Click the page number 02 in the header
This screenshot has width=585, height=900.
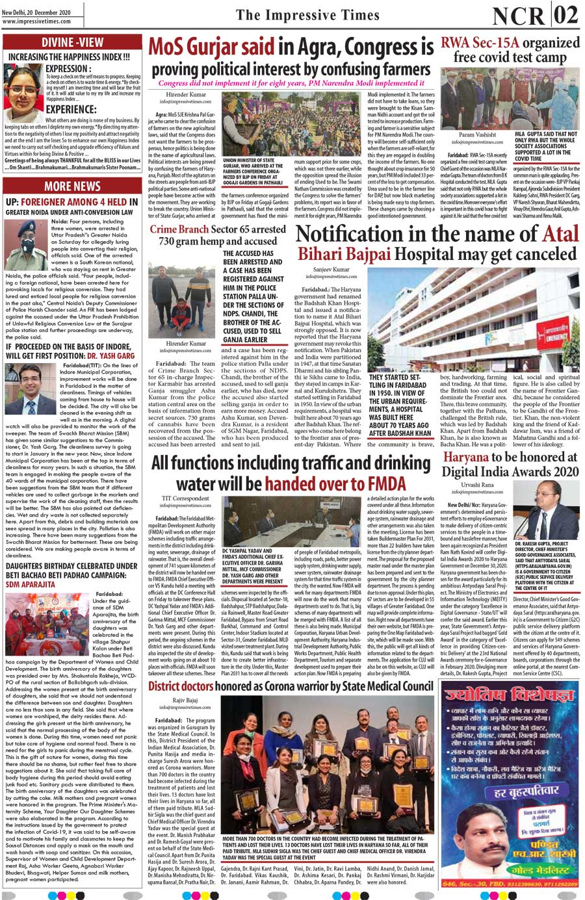pyautogui.click(x=566, y=14)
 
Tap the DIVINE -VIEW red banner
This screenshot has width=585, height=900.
pyautogui.click(x=72, y=44)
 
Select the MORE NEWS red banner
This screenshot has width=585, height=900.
pyautogui.click(x=72, y=186)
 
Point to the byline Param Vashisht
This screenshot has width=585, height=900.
pyautogui.click(x=477, y=135)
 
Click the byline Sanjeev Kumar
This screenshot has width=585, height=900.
pyautogui.click(x=331, y=269)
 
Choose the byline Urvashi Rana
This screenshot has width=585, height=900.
pyautogui.click(x=477, y=485)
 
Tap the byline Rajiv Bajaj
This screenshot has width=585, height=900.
pyautogui.click(x=185, y=701)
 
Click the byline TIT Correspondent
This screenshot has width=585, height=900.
pyautogui.click(x=185, y=498)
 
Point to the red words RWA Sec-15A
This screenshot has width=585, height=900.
pyautogui.click(x=480, y=43)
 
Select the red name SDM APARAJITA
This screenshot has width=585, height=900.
pyautogui.click(x=31, y=584)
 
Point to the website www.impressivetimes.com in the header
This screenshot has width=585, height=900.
pyautogui.click(x=36, y=21)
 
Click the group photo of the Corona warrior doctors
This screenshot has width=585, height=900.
pyautogui.click(x=327, y=767)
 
